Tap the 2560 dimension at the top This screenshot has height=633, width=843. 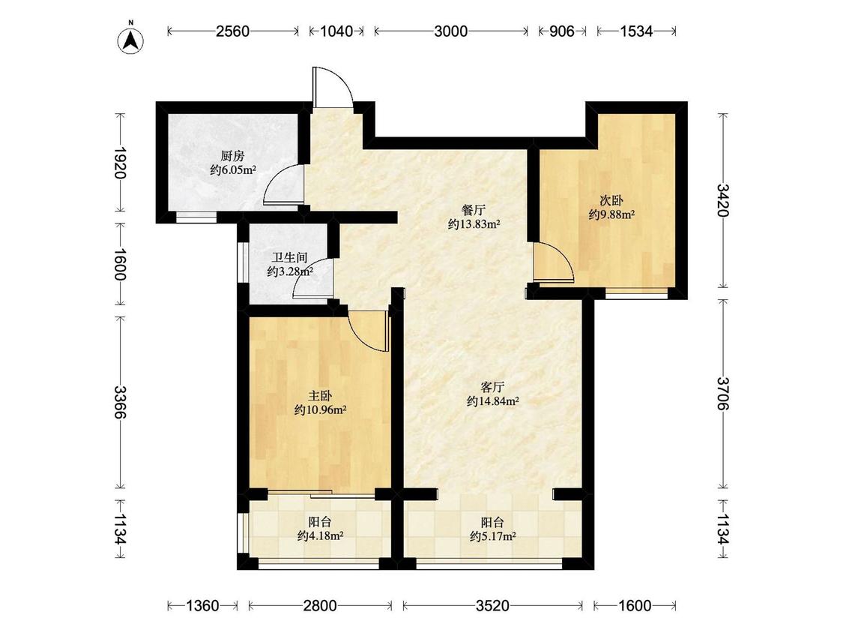pos(233,31)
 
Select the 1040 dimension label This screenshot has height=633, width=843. pos(336,31)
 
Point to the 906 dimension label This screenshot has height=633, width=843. pos(562,31)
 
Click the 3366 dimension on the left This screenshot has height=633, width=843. pos(120,401)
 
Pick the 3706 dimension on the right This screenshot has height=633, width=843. pos(724,394)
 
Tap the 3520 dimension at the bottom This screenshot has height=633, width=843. pos(492,606)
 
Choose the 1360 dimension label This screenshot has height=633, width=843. pos(202,606)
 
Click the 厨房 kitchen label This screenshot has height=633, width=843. pos(232,156)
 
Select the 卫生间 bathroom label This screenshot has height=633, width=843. pos(289,258)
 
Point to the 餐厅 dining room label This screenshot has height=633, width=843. pos(474,210)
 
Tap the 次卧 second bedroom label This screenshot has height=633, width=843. pos(611,201)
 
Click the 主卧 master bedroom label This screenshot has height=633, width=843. pos(319,397)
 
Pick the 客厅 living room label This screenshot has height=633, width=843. pos(492,387)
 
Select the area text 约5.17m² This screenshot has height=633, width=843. pos(493,536)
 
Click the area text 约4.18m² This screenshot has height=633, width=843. pos(321,536)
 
